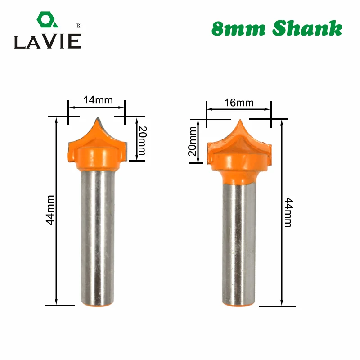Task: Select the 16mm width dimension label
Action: [x=239, y=103]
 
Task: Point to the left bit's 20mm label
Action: [x=141, y=140]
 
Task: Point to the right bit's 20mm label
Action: [x=193, y=141]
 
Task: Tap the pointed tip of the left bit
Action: [x=97, y=118]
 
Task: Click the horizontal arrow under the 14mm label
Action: [x=96, y=108]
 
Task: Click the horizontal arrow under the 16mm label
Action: [x=238, y=110]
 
